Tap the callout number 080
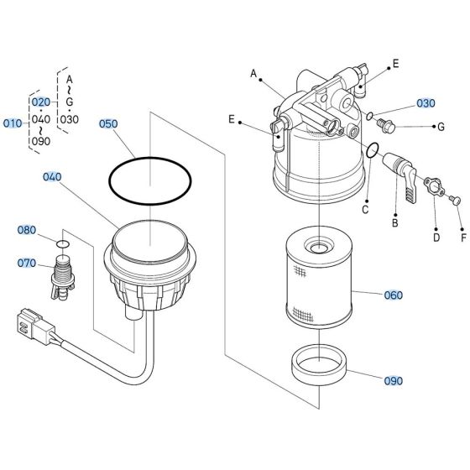(x=27, y=230)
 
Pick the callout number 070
(x=27, y=264)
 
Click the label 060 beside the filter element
(x=393, y=295)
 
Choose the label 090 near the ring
(x=393, y=380)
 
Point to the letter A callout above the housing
(x=253, y=74)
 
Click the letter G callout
(x=440, y=127)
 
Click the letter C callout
(x=365, y=209)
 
